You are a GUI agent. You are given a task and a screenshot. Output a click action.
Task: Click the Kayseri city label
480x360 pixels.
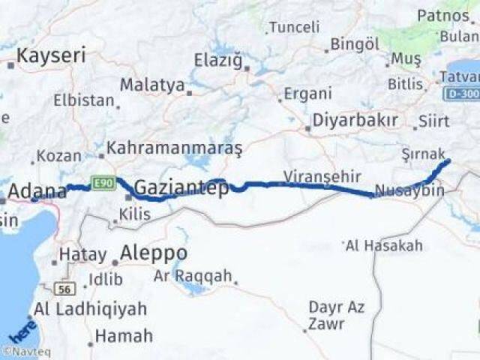click(x=51, y=55)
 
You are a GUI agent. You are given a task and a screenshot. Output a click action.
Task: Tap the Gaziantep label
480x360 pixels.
click(x=181, y=187)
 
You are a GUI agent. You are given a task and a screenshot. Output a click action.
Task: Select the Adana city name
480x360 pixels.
click(x=37, y=190)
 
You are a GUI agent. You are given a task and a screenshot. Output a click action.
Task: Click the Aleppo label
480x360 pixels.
click(x=153, y=252)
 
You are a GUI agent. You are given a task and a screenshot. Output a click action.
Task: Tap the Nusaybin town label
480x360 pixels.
click(x=409, y=190)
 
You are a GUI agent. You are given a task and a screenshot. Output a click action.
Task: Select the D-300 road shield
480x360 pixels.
click(x=460, y=94)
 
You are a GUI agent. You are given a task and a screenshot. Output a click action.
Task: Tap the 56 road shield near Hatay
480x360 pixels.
click(x=64, y=288)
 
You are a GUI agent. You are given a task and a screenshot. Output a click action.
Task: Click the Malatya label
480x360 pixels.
click(x=152, y=85)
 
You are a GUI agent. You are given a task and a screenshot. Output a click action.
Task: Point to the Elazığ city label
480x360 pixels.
click(x=218, y=60)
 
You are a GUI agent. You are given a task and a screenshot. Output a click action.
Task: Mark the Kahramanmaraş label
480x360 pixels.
click(x=174, y=148)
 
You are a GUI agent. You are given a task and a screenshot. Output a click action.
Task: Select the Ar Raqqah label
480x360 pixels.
click(x=193, y=276)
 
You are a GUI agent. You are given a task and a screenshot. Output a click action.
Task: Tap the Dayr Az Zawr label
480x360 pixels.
click(x=327, y=315)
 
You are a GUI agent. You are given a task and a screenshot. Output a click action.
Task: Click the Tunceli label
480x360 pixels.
click(x=294, y=28)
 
